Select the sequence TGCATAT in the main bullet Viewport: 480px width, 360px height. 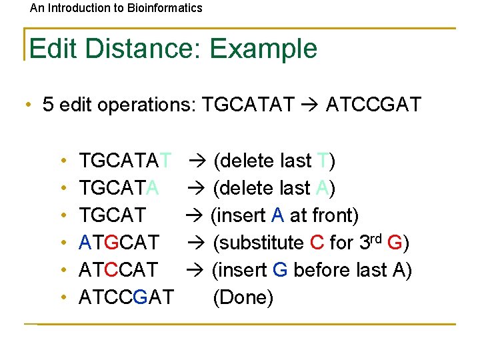(x=247, y=105)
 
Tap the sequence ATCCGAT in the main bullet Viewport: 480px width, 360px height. (x=373, y=105)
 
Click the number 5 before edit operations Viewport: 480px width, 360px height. (x=48, y=105)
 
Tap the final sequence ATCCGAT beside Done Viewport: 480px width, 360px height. (x=126, y=297)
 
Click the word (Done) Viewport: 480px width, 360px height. (x=243, y=297)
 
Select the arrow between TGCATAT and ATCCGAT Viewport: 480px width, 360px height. (x=309, y=105)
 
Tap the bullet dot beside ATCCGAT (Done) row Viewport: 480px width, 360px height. (x=62, y=297)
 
